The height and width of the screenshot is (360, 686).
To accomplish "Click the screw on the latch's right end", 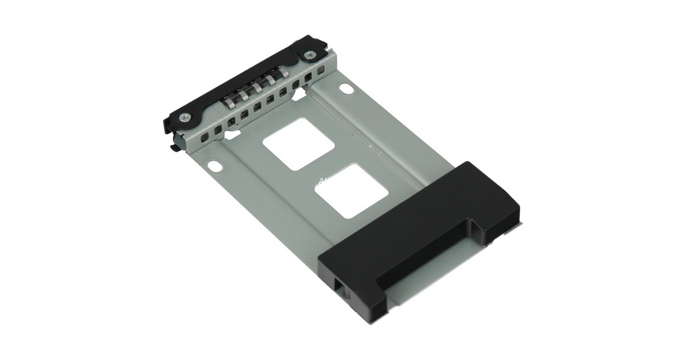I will coord(309,55).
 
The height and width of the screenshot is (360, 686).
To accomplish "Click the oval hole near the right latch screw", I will coord(346,90).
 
